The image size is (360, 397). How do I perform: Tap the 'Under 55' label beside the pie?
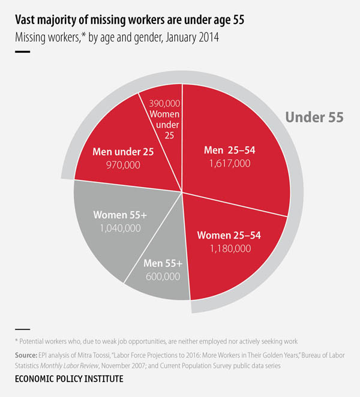314,117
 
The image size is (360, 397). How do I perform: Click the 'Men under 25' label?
124,152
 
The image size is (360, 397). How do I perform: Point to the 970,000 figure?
124,164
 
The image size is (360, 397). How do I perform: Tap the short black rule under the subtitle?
22,52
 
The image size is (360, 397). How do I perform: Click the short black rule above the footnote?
22,329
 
